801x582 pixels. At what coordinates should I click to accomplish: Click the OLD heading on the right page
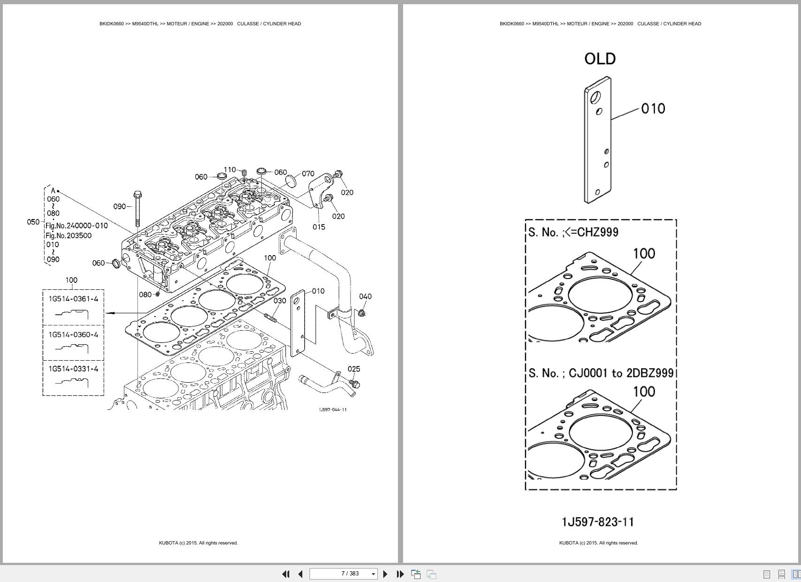pyautogui.click(x=600, y=59)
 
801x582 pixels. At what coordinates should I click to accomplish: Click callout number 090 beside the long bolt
pyautogui.click(x=119, y=206)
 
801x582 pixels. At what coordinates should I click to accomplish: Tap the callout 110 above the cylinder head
pyautogui.click(x=229, y=170)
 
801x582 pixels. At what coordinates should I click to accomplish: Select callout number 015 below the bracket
pyautogui.click(x=319, y=227)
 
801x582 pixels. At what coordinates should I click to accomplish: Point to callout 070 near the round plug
pyautogui.click(x=308, y=174)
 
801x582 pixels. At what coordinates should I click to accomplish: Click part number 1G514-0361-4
pyautogui.click(x=73, y=299)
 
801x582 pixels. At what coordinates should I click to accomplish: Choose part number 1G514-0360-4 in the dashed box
pyautogui.click(x=73, y=334)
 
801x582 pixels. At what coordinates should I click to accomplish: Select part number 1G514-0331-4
pyautogui.click(x=73, y=369)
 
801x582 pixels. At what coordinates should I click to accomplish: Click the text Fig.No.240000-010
pyautogui.click(x=76, y=226)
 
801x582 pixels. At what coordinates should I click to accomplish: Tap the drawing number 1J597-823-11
pyautogui.click(x=597, y=522)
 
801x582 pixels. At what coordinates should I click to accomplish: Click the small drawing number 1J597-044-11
pyautogui.click(x=333, y=410)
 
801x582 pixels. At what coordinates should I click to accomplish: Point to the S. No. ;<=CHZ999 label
pyautogui.click(x=573, y=232)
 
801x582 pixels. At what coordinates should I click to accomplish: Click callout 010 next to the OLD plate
pyautogui.click(x=653, y=109)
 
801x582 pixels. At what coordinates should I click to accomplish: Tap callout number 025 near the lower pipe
pyautogui.click(x=354, y=369)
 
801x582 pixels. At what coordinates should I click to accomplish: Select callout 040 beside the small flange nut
pyautogui.click(x=365, y=296)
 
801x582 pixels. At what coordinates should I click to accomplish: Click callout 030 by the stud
pyautogui.click(x=280, y=301)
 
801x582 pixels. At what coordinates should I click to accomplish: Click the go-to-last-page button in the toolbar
pyautogui.click(x=400, y=574)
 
